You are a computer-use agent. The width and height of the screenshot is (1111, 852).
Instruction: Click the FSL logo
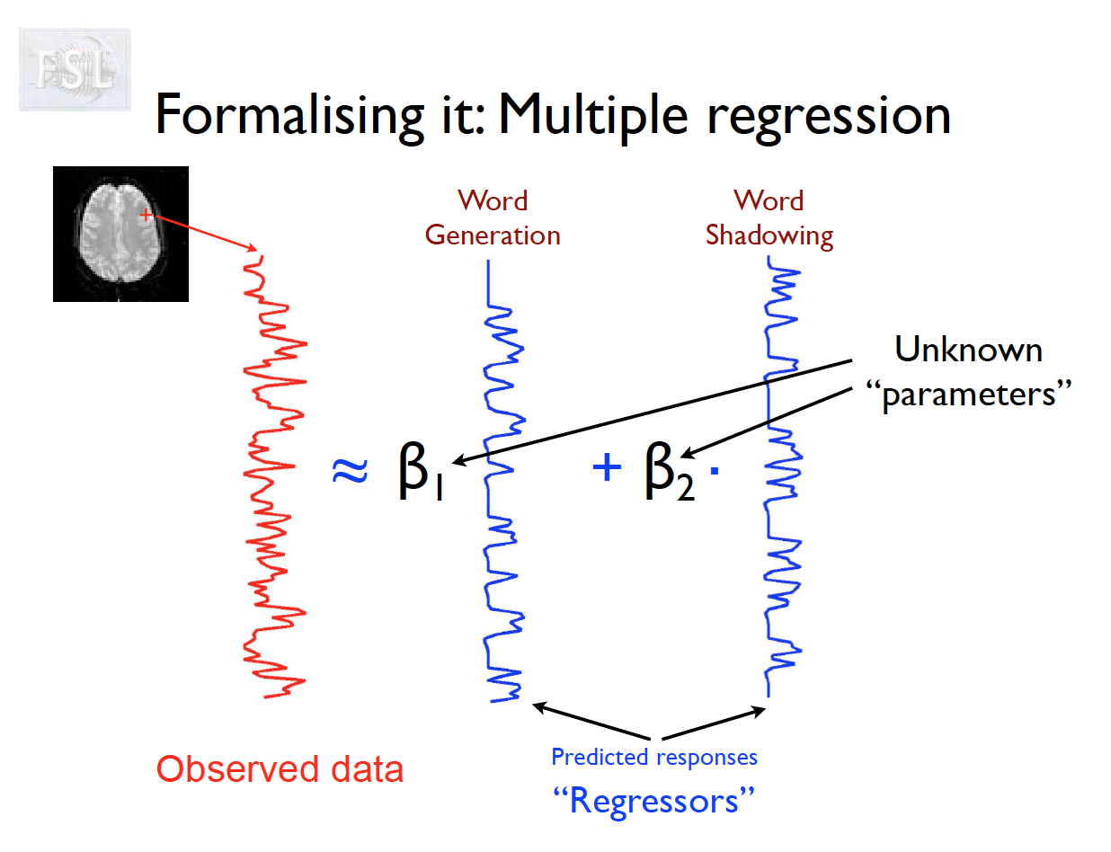(x=75, y=69)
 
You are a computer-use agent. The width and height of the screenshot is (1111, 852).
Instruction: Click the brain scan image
(x=120, y=234)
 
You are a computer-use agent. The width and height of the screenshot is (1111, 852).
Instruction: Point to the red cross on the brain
(x=147, y=216)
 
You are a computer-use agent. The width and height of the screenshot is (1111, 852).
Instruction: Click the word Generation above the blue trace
(x=493, y=235)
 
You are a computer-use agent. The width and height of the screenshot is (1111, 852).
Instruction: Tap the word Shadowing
(x=769, y=235)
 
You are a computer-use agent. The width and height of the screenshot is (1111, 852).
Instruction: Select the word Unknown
(x=969, y=350)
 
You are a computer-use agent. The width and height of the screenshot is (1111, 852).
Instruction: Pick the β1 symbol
(x=420, y=474)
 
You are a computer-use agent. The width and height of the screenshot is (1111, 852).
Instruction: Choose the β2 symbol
(x=670, y=474)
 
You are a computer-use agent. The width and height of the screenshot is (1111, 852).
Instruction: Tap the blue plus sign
(x=607, y=467)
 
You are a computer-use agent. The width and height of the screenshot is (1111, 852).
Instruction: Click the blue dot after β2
(x=714, y=472)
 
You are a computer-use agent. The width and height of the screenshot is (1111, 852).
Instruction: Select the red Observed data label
(x=280, y=769)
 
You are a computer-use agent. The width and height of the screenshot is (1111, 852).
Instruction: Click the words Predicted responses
(x=654, y=757)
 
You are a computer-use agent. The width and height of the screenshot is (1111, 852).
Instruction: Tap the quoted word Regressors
(x=653, y=799)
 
